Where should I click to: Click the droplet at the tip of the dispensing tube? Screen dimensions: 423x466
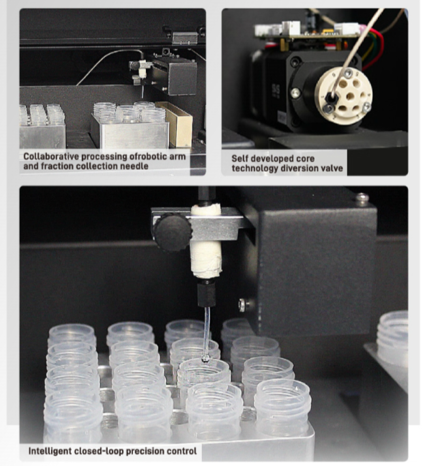[x=205, y=358]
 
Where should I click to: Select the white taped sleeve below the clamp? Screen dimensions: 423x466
[x=206, y=259]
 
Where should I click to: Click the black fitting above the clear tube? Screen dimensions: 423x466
[x=206, y=293]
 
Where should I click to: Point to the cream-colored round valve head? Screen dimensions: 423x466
[x=344, y=96]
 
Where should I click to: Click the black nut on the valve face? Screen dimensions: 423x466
[x=330, y=97]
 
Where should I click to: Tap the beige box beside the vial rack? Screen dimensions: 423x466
[x=175, y=124]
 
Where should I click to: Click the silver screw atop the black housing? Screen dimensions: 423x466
[x=362, y=199]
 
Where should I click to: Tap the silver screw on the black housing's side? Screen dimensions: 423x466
[x=242, y=305]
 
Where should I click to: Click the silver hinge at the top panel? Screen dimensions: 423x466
[x=185, y=39]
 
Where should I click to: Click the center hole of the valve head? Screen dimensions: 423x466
[x=351, y=96]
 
